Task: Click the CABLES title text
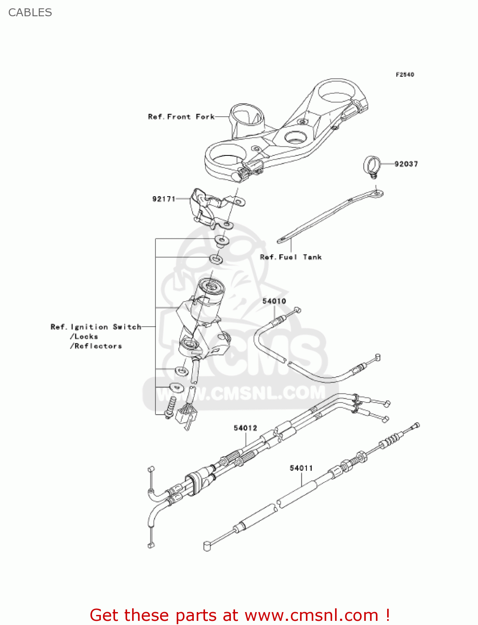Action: click(x=30, y=12)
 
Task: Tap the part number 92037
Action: click(x=406, y=164)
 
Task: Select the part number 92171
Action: click(x=164, y=199)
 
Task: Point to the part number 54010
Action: click(x=274, y=301)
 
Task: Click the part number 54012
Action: click(x=245, y=428)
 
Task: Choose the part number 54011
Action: click(x=301, y=468)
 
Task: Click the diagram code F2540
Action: click(x=405, y=75)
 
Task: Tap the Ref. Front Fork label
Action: click(x=181, y=117)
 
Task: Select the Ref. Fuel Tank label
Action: click(x=290, y=257)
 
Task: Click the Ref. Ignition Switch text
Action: click(x=96, y=327)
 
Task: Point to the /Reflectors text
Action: click(x=96, y=346)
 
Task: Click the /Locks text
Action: click(x=84, y=337)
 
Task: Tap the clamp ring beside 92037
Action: click(x=372, y=165)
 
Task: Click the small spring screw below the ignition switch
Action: click(x=170, y=407)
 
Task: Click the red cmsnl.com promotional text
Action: click(x=240, y=615)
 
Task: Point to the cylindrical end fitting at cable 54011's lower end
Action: click(x=207, y=546)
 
